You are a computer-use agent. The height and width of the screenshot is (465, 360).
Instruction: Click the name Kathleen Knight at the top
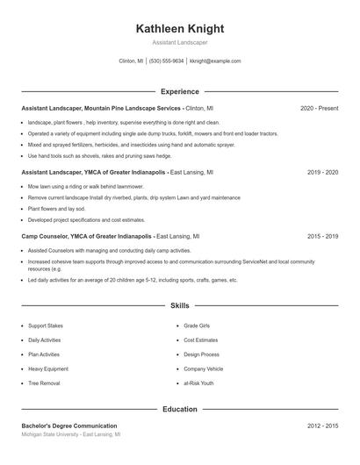[x=180, y=28]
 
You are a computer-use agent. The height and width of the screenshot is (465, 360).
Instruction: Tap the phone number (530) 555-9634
[x=166, y=61]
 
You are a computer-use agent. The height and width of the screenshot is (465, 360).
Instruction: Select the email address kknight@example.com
[x=215, y=61]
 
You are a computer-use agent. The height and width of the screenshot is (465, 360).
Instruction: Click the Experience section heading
[x=180, y=91]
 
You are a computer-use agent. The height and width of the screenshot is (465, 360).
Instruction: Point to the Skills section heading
[x=180, y=305]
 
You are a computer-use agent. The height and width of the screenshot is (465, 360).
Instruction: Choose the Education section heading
[x=180, y=409]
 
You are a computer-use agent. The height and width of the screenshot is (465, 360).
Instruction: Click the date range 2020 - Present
[x=319, y=108]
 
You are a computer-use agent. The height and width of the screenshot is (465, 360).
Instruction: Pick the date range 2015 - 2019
[x=322, y=236]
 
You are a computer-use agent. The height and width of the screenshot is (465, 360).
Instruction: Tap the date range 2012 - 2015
[x=322, y=426]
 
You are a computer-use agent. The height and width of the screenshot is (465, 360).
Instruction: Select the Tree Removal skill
[x=44, y=383]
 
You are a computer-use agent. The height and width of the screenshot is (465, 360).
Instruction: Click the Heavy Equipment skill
[x=47, y=369]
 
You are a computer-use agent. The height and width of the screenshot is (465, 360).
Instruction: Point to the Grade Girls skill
[x=197, y=325]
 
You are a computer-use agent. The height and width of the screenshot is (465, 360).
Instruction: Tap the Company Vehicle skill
[x=203, y=369]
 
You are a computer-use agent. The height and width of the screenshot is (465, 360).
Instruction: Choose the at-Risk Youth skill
[x=198, y=383]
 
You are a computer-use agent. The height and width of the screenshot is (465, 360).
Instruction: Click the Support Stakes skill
[x=45, y=325]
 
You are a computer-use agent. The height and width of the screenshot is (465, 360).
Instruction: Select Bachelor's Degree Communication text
[x=69, y=426]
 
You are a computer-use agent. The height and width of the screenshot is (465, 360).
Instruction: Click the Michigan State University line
[x=70, y=434]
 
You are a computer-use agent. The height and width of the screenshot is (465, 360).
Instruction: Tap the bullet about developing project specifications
[x=86, y=219]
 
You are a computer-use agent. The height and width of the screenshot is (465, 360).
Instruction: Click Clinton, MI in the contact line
[x=131, y=61]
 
